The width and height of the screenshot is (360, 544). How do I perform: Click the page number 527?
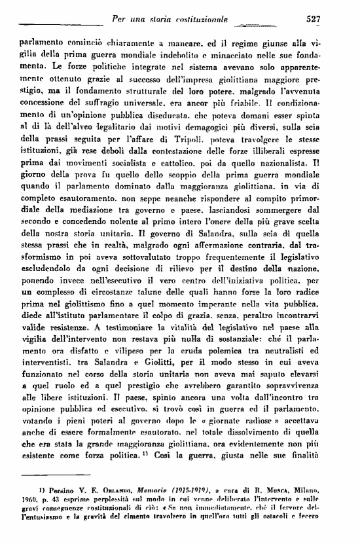pos(312,19)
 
